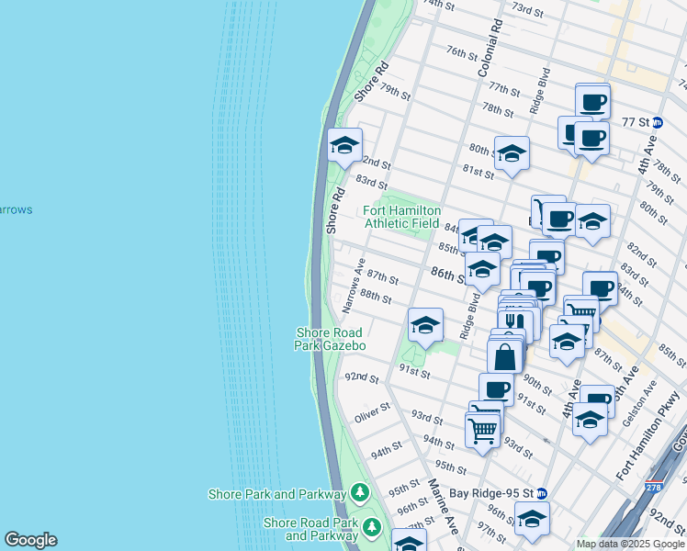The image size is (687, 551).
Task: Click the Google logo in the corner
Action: coord(30,540)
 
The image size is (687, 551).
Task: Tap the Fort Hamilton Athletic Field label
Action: coord(402,217)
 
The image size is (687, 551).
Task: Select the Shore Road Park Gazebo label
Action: coord(330,339)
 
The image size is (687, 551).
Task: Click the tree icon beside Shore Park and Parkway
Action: coord(360,494)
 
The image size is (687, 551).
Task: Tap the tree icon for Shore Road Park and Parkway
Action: coord(372,528)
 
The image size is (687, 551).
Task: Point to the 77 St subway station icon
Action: coord(658,121)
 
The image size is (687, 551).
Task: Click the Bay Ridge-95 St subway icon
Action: coord(542,493)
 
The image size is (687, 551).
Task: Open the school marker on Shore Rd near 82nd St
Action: coord(345,145)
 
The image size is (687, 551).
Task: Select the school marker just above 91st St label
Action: coord(425,325)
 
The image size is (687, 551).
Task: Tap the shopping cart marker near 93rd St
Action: coord(483,428)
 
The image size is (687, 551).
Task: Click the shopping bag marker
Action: coord(505,356)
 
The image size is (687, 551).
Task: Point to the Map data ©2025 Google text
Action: coord(630,544)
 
